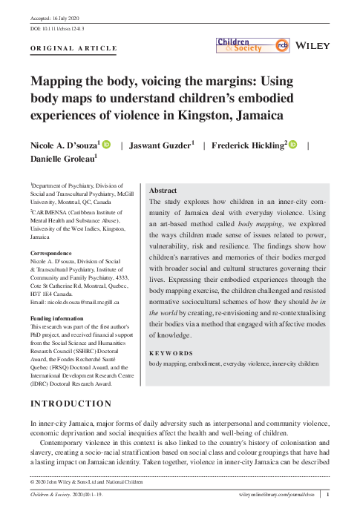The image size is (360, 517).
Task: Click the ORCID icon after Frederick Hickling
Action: point(293,144)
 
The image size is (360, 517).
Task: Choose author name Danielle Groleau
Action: point(62,159)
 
